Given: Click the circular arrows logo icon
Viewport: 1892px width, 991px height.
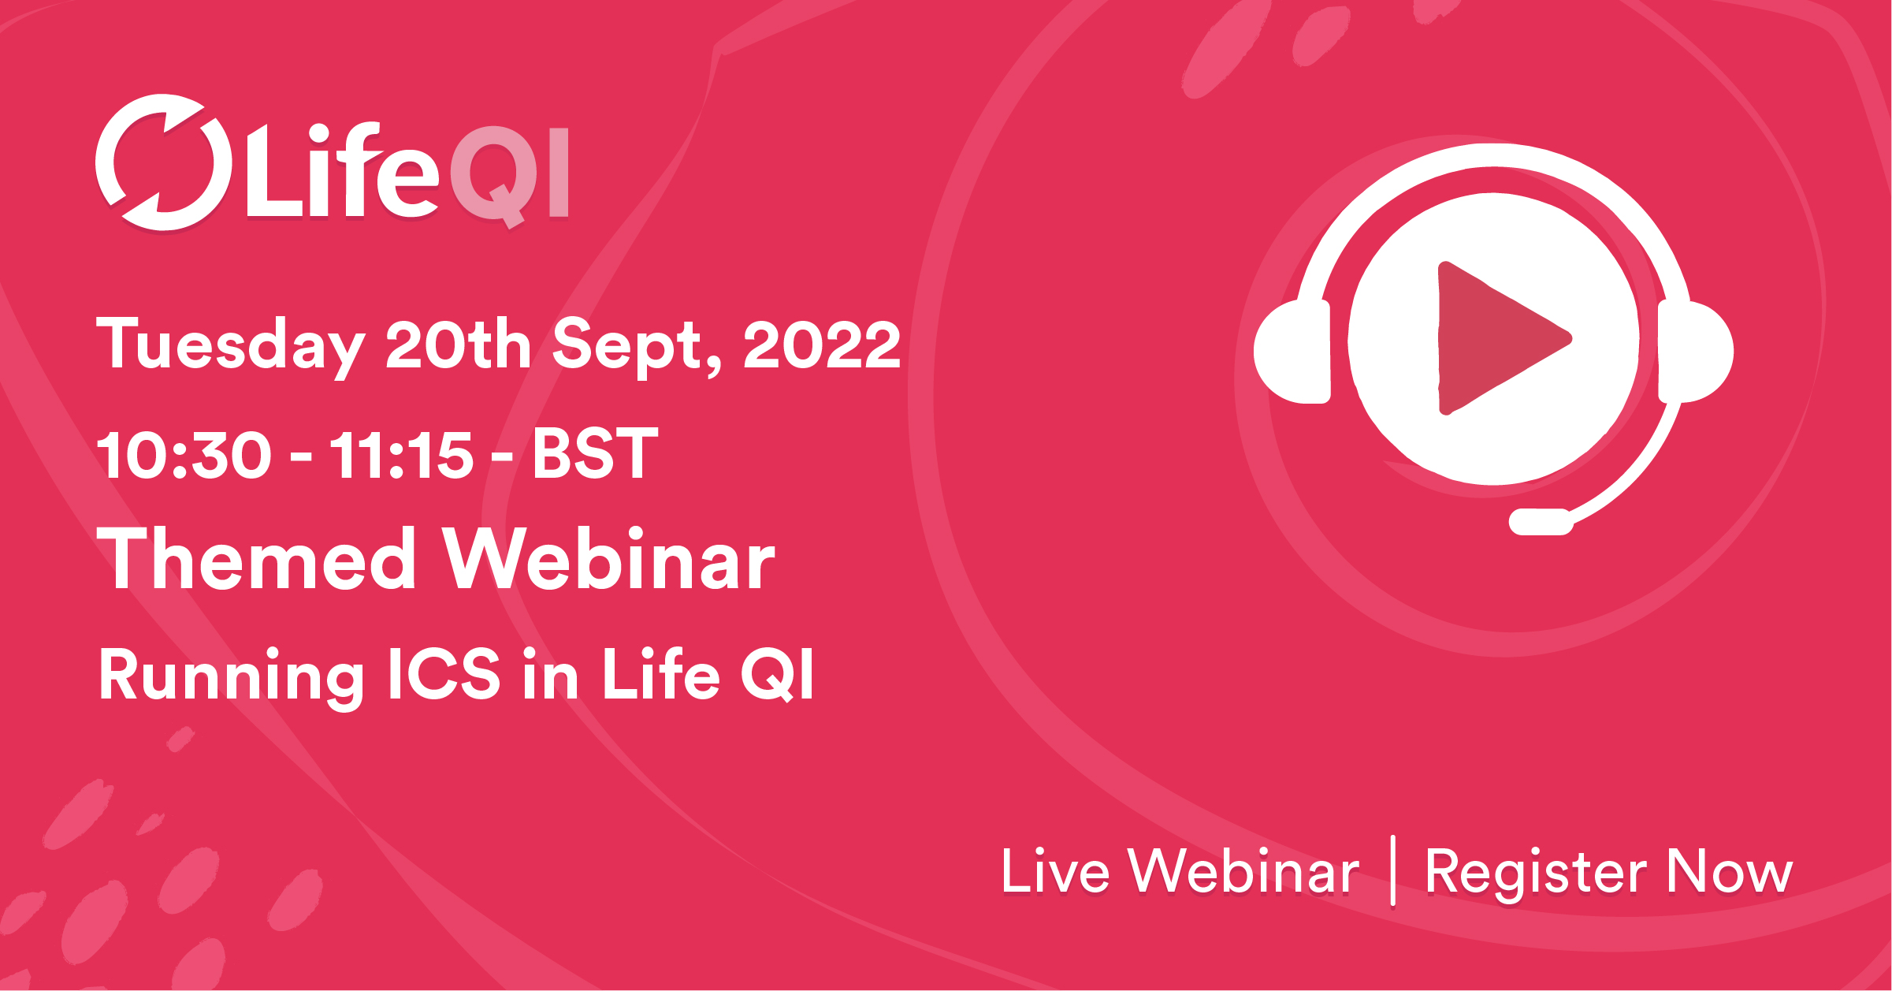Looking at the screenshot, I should [x=163, y=163].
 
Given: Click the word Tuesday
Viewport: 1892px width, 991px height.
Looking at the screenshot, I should [x=229, y=345].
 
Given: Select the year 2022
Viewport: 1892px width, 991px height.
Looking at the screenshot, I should [x=821, y=345].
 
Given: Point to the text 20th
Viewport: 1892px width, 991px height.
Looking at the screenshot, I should [x=458, y=345].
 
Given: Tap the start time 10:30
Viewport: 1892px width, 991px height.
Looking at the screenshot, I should [x=184, y=455].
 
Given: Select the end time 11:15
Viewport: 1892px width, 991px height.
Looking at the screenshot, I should [x=402, y=455].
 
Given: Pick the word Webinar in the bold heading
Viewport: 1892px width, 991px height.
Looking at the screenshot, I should [x=608, y=560].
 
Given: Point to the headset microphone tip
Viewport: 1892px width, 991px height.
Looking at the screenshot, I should [x=1541, y=522].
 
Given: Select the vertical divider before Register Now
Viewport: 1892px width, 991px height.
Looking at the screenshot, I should [x=1393, y=870].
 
